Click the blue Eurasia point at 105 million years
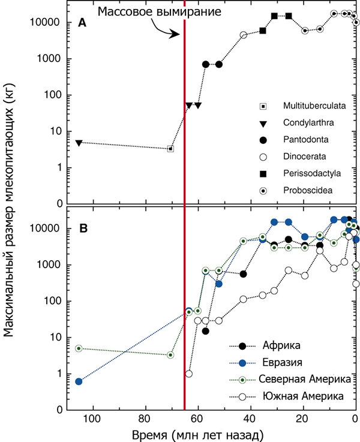79,381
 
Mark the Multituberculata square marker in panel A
171,149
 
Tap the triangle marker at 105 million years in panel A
79,143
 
